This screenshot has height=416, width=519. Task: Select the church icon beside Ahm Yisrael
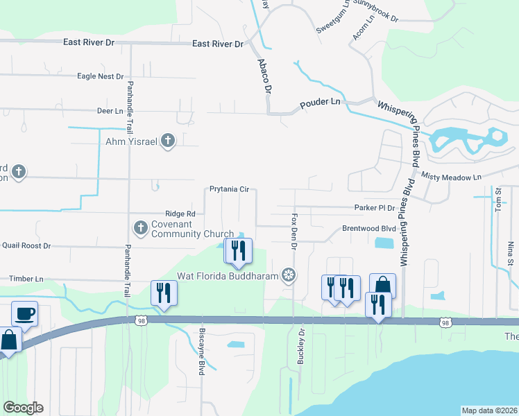167,141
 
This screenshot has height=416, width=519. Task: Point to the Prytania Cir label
229,189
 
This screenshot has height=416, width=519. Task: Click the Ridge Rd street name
180,214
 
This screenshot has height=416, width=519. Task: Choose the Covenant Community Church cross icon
140,227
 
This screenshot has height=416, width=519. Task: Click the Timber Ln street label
26,279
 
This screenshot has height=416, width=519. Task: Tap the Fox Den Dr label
294,232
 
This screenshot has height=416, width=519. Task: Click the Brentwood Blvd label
368,228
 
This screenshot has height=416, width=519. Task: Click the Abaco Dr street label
264,76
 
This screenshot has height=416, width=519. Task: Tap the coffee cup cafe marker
24,313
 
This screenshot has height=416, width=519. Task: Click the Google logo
23,408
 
